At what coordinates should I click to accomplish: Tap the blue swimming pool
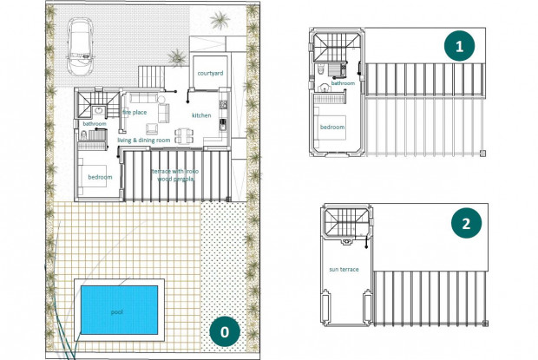[x=116, y=310]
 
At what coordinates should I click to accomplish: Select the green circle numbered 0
[x=224, y=331]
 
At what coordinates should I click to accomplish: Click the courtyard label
[x=210, y=74]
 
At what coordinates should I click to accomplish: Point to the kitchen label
[x=201, y=115]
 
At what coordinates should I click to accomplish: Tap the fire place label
[x=134, y=112]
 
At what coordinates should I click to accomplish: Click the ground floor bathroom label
[x=95, y=124]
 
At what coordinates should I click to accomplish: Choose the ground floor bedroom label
[x=100, y=178]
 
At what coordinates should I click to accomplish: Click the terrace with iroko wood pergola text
[x=180, y=175]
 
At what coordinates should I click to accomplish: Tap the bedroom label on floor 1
[x=332, y=127]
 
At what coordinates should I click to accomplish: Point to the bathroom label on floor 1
[x=343, y=83]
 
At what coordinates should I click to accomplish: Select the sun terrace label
[x=344, y=270]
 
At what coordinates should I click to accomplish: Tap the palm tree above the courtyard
[x=220, y=19]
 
